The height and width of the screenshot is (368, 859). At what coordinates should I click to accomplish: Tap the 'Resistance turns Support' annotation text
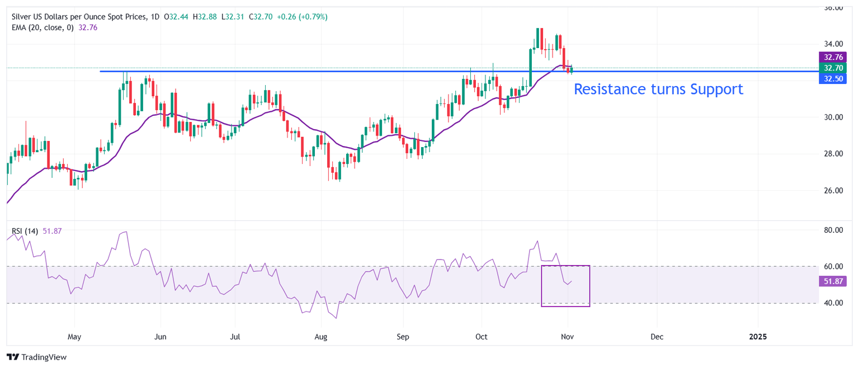pyautogui.click(x=658, y=89)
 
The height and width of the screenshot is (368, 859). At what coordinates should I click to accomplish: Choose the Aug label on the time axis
pyautogui.click(x=320, y=337)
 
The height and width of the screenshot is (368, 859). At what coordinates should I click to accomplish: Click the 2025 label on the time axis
pyautogui.click(x=758, y=337)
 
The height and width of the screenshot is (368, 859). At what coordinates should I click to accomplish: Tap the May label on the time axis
pyautogui.click(x=74, y=337)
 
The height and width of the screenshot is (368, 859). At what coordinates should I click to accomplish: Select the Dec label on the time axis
pyautogui.click(x=657, y=337)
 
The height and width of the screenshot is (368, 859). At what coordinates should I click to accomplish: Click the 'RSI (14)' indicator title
pyautogui.click(x=25, y=231)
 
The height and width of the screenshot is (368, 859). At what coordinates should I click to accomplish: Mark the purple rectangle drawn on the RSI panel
pyautogui.click(x=565, y=285)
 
